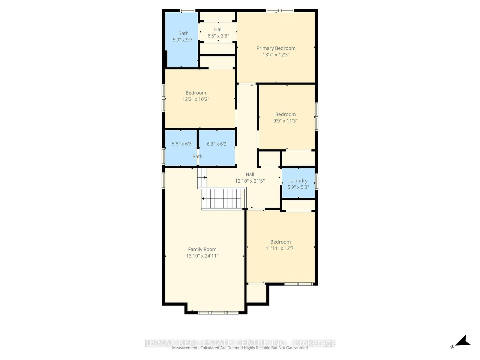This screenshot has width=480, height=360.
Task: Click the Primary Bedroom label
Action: point(276,48)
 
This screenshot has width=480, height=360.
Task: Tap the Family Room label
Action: point(202,249)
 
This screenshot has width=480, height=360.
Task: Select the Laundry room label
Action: point(298,181)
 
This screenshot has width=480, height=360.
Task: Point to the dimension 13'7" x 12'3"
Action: point(276,55)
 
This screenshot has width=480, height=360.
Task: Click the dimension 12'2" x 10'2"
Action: point(196,99)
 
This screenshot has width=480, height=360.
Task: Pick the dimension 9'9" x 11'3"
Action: point(285,121)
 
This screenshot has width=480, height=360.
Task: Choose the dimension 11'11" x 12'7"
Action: point(280,248)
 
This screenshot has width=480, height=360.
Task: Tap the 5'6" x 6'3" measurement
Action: point(182,144)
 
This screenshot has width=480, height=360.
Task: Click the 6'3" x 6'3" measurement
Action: point(217,144)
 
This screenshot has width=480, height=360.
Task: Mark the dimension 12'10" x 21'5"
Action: point(250,181)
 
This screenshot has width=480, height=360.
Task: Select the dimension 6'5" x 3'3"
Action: point(218,36)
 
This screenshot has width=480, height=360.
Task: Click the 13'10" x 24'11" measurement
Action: point(202,256)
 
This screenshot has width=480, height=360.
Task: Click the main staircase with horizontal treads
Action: point(222,198)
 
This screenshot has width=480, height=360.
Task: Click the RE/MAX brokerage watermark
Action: point(240,343)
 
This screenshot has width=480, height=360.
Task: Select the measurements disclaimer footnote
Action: point(240,348)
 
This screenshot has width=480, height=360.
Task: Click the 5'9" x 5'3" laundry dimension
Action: point(298,187)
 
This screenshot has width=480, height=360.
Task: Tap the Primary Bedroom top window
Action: point(280,11)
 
